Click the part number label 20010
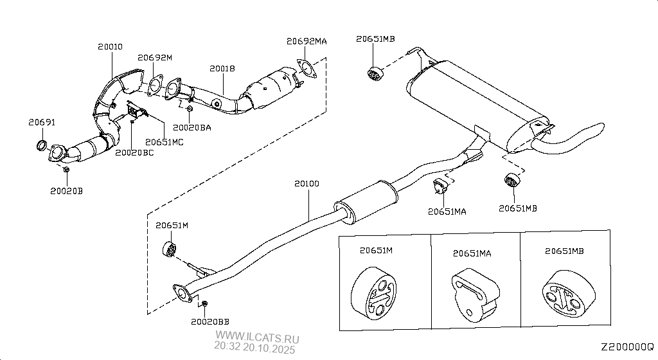point(110,46)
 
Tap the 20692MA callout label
point(307,41)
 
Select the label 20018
point(222,68)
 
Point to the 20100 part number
point(307,183)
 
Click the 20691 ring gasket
point(42,145)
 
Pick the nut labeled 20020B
point(66,170)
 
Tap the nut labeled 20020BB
point(205,303)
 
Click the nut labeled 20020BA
point(190,109)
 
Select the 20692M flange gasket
point(155,84)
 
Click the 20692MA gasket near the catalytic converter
point(306,69)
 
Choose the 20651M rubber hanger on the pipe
point(169,249)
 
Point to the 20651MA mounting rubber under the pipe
point(440,185)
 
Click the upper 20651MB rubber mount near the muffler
point(375,73)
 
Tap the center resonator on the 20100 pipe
point(366,203)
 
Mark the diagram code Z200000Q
point(627,347)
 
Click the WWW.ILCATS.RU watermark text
point(257,336)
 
